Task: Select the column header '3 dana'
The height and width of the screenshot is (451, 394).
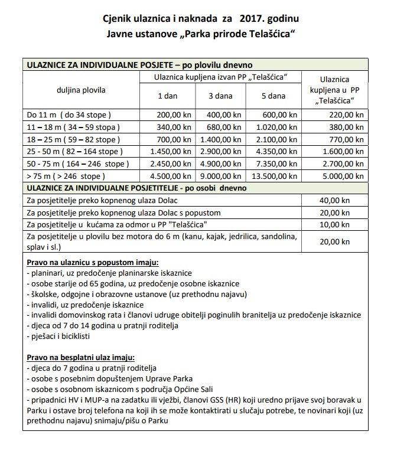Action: point(221,96)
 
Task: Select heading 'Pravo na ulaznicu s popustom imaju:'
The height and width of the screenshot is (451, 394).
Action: point(84,262)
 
